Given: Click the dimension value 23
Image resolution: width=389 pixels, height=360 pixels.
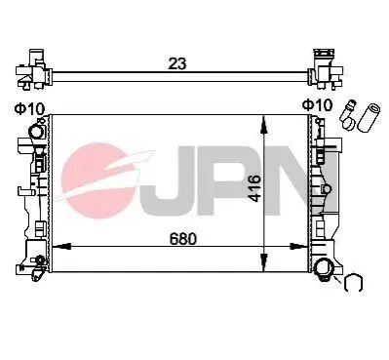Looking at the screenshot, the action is coord(177,63).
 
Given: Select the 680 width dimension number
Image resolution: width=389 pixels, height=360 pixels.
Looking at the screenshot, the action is coord(183,239).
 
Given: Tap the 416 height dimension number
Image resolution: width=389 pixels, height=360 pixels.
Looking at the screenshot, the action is coord(254,188).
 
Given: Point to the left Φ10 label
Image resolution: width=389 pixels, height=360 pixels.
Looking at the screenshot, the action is coord(29,109).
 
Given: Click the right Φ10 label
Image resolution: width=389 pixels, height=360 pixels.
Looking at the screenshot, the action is coord(318,105).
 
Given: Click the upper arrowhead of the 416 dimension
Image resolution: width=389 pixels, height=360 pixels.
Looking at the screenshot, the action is coord(264,124).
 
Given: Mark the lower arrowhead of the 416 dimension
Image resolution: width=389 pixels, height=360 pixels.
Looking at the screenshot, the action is coord(264,262).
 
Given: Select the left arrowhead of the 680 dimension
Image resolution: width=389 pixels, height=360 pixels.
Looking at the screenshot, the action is coord(61,247).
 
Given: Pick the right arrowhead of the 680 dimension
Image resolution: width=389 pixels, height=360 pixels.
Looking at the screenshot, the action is coord(298,247).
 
